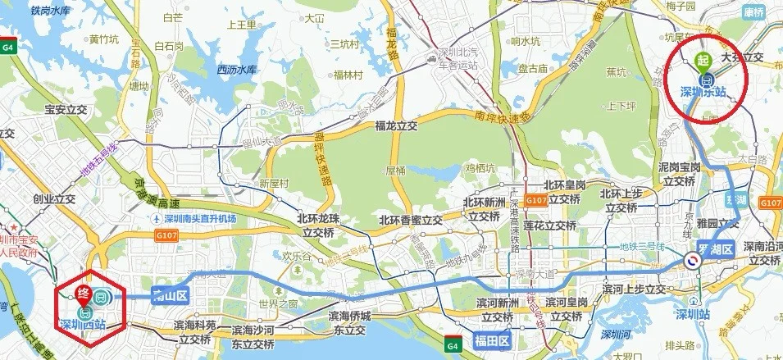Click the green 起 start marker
click(x=702, y=59)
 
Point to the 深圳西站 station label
click(x=84, y=325)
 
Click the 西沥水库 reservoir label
click(x=237, y=70)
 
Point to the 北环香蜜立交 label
click(x=411, y=221)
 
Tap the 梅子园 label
click(x=681, y=7)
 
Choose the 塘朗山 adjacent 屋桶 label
click(x=395, y=171)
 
